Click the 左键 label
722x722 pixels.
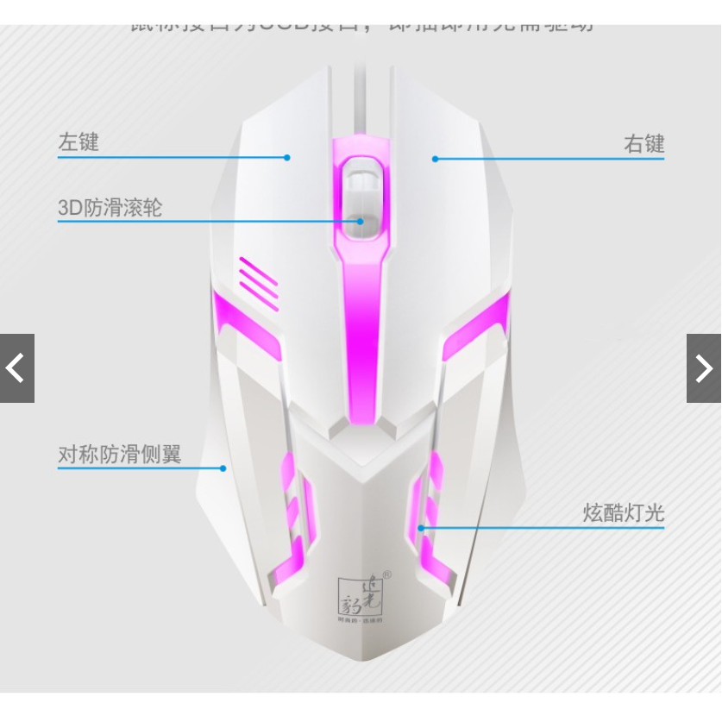[78, 142]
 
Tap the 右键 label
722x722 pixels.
[644, 144]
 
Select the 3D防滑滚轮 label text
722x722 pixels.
[110, 208]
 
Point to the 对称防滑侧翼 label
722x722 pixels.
[120, 455]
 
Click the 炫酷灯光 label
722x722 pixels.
[624, 514]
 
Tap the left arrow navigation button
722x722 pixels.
[16, 368]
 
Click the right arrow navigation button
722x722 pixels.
[704, 368]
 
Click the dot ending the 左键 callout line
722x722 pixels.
[288, 157]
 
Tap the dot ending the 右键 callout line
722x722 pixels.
[436, 159]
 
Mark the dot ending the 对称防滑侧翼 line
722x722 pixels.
[223, 468]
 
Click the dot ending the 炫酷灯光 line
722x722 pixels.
[422, 528]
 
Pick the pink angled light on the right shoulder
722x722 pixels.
[476, 324]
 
